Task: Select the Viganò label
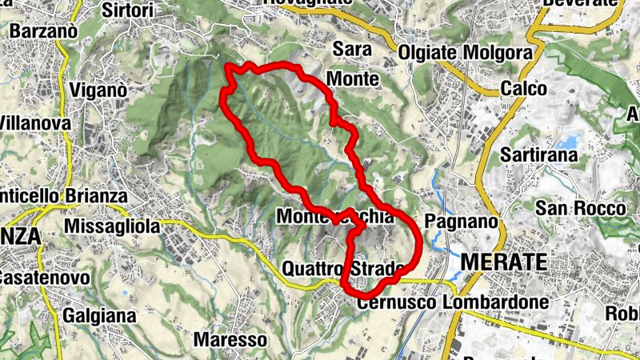click(98, 90)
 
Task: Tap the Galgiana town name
click(98, 314)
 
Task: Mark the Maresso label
click(230, 339)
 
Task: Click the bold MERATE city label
click(504, 262)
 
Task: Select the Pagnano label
click(457, 220)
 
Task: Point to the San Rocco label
click(581, 208)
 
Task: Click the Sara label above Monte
click(353, 50)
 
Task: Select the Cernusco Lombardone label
click(453, 302)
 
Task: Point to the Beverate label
click(580, 3)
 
